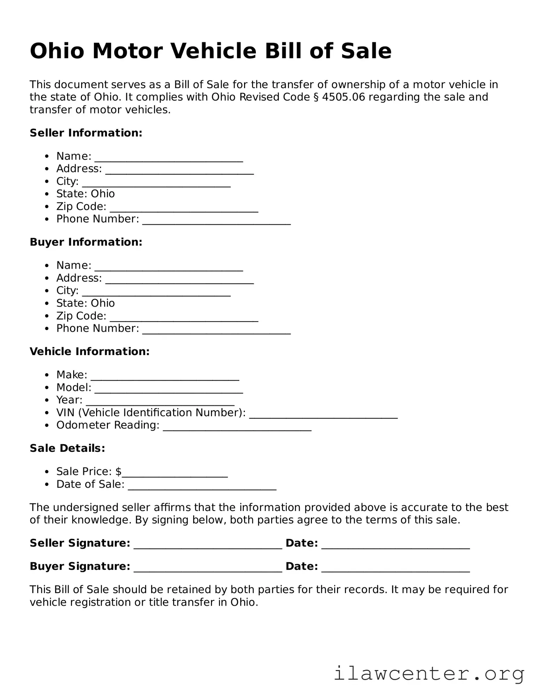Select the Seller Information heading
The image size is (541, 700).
(86, 133)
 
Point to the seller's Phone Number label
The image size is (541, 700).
(97, 219)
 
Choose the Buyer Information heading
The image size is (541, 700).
(86, 242)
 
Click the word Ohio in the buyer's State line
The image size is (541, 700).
(103, 303)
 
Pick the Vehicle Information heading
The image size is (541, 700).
(89, 352)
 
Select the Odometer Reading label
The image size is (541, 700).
(108, 425)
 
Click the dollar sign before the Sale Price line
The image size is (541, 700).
(118, 472)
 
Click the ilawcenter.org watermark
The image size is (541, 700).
(429, 674)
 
